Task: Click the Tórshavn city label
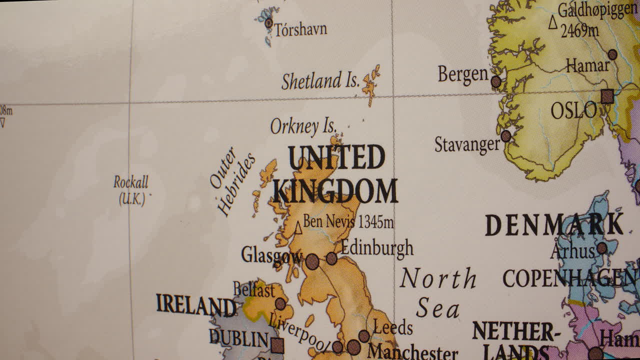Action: (x=300, y=29)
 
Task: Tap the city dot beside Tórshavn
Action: (x=268, y=22)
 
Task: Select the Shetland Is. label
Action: (x=320, y=81)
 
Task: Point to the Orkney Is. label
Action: (x=303, y=126)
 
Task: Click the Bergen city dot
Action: (x=496, y=81)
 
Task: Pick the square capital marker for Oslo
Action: (x=607, y=96)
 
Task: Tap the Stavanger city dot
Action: (x=506, y=136)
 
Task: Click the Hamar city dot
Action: (x=612, y=54)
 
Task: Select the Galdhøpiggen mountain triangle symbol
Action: (x=553, y=22)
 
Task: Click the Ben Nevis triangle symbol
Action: (x=298, y=228)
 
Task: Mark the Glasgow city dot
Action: (x=312, y=261)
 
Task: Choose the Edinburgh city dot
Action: (x=331, y=258)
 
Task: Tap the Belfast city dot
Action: (x=280, y=304)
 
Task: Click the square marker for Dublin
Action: (x=277, y=345)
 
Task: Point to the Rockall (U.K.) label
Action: (x=131, y=190)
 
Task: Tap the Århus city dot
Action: (x=602, y=248)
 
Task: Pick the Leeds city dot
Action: (x=364, y=336)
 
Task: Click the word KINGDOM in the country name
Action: (x=335, y=191)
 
